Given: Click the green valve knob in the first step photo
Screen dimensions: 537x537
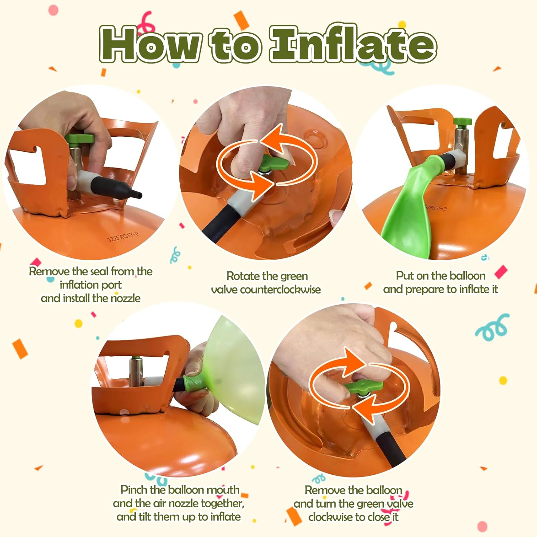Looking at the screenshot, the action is pos(79,139).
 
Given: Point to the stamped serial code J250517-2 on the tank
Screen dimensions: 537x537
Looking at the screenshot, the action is pos(124,236).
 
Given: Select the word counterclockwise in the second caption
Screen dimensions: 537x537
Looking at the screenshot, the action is pos(280,289).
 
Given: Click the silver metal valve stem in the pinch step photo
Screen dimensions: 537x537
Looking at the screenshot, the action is pos(136,371).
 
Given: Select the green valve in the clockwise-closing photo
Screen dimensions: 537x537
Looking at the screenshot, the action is pos(364,386).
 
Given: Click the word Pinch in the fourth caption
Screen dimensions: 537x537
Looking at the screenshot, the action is pos(133,490).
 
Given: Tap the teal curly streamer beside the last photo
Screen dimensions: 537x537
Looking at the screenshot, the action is pos(493,327).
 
